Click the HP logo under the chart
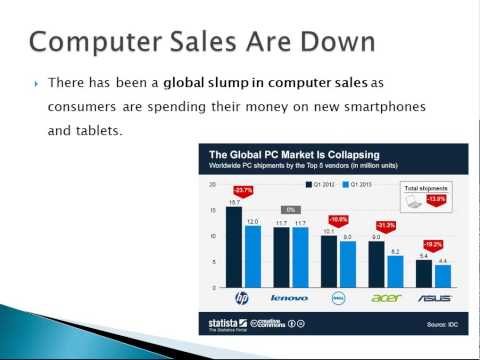[x=240, y=298]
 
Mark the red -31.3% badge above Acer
[x=386, y=225]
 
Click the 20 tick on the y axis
[x=212, y=185]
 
